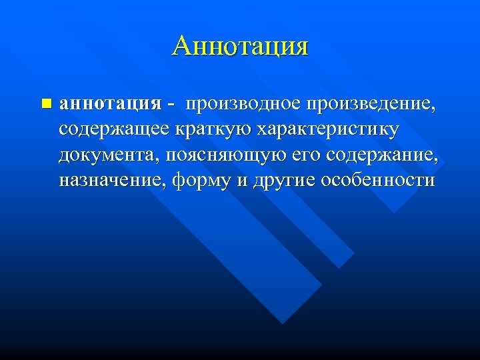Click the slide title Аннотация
pyautogui.click(x=240, y=47)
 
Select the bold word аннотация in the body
pyautogui.click(x=110, y=104)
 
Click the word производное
pyautogui.click(x=243, y=105)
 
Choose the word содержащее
pyautogui.click(x=115, y=130)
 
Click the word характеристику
pyautogui.click(x=324, y=130)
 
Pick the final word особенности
pyautogui.click(x=377, y=181)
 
